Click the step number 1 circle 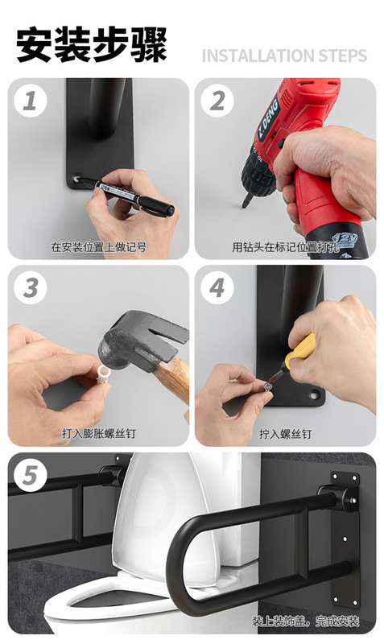point(31,101)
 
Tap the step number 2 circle point(217,101)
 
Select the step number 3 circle point(31,287)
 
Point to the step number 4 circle point(217,287)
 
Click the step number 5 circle point(31,475)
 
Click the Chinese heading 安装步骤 point(92,44)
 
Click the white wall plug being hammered point(103,374)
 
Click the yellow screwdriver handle point(299,351)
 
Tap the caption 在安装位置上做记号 point(98,247)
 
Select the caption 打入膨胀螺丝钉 point(98,434)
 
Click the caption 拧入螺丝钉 point(286,434)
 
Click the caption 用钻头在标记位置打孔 point(286,247)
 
